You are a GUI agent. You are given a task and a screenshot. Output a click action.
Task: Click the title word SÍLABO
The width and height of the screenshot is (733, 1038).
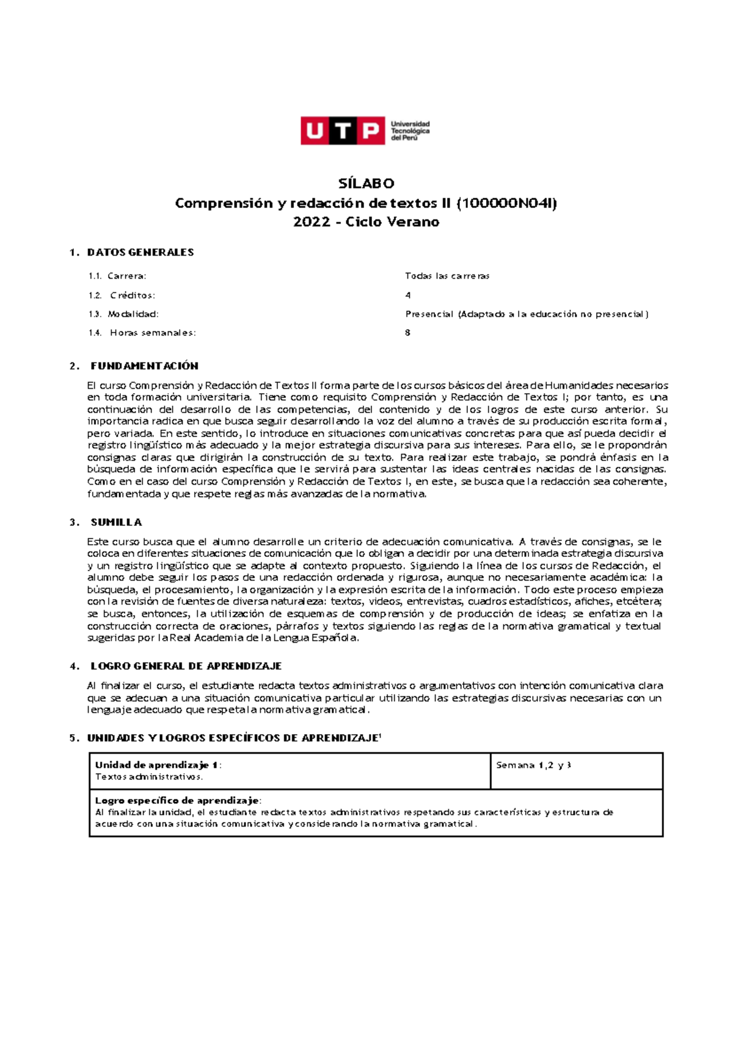pyautogui.click(x=366, y=183)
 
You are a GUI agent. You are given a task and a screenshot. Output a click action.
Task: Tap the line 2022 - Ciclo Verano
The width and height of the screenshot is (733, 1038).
pyautogui.click(x=366, y=222)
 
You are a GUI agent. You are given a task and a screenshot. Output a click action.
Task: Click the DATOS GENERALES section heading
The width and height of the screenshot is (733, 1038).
pyautogui.click(x=140, y=252)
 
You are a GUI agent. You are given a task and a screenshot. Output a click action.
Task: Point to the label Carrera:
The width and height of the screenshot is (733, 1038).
pyautogui.click(x=127, y=276)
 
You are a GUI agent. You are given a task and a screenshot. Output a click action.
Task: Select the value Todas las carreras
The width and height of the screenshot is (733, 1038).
pyautogui.click(x=447, y=276)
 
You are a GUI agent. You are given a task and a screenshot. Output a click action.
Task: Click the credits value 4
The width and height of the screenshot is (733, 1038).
pyautogui.click(x=408, y=295)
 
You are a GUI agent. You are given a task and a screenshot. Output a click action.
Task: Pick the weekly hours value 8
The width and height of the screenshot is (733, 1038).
pyautogui.click(x=408, y=333)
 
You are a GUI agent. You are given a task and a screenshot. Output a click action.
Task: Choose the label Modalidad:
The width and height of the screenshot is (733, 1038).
pyautogui.click(x=133, y=314)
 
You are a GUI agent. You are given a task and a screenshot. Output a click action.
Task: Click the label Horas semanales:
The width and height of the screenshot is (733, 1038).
pyautogui.click(x=153, y=333)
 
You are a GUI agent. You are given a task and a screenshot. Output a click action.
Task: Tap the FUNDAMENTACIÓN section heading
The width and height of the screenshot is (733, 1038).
pyautogui.click(x=145, y=366)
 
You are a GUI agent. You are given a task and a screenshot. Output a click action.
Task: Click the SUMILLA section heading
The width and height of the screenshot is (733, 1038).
pyautogui.click(x=116, y=522)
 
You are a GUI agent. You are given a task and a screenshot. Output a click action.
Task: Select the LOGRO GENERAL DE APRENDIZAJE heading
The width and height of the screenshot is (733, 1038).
pyautogui.click(x=186, y=666)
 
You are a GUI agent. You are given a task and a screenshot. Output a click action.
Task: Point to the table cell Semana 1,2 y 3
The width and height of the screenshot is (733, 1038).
pyautogui.click(x=533, y=765)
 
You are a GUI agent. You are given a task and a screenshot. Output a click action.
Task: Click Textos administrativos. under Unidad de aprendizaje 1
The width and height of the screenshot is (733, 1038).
pyautogui.click(x=148, y=777)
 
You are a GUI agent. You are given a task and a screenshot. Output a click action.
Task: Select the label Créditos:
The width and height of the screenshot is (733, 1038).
pyautogui.click(x=133, y=295)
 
